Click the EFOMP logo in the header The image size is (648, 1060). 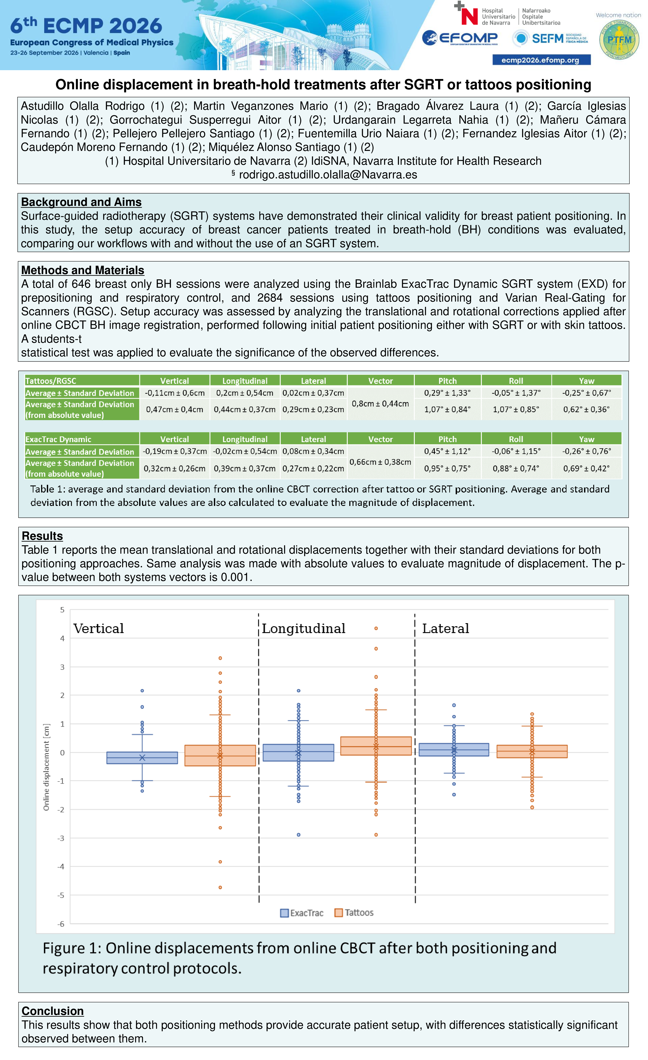click(460, 38)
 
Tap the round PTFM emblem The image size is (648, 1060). click(619, 40)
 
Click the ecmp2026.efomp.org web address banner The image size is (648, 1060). click(541, 60)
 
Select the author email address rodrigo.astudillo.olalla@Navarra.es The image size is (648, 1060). click(328, 175)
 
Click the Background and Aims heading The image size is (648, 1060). click(81, 202)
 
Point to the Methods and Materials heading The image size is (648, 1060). click(83, 270)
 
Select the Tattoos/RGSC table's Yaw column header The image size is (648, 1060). click(586, 381)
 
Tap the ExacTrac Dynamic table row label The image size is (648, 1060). click(58, 439)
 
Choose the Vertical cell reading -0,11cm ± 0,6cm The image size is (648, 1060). click(175, 393)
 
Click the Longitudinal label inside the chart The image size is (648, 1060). click(304, 628)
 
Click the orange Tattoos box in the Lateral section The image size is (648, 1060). click(532, 751)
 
